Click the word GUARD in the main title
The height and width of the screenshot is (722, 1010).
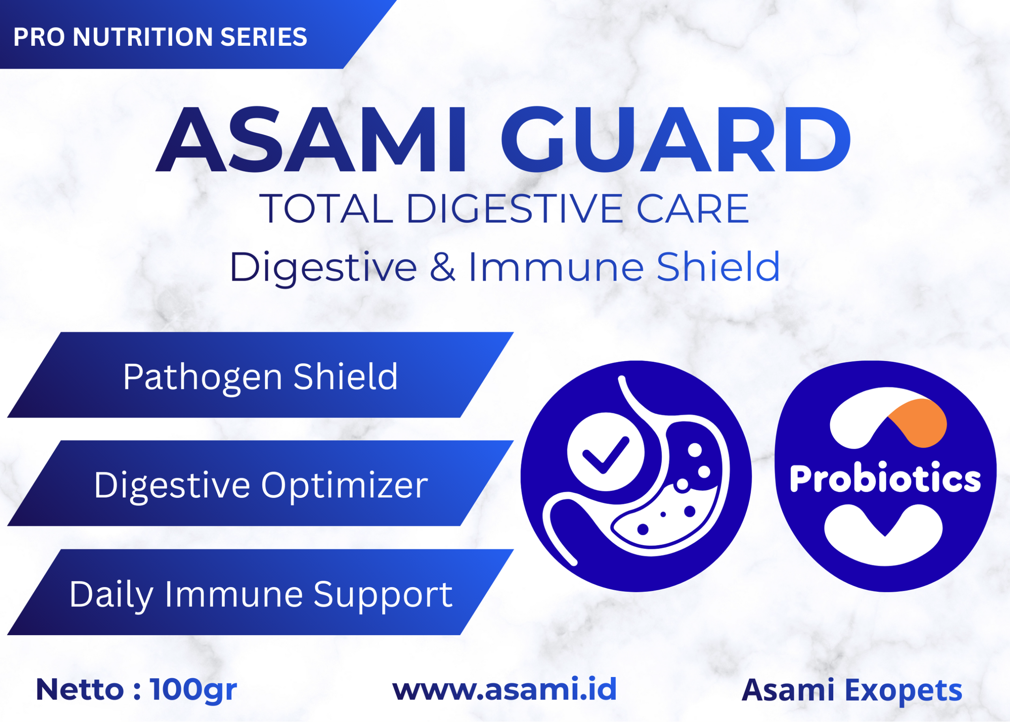coord(676,139)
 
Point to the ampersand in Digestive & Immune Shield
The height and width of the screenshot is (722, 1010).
coord(443,267)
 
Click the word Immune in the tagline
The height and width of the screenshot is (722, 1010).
coord(556,267)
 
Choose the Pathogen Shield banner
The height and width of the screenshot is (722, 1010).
coord(260,375)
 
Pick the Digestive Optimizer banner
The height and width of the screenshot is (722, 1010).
coord(260,483)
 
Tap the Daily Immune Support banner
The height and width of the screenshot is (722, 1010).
coord(260,592)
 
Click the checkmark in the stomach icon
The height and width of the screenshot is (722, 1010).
coord(605,455)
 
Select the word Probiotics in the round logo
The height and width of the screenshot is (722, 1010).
coord(885,479)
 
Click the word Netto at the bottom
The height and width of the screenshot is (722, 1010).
coord(80,690)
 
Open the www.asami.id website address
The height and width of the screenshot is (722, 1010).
coord(505,689)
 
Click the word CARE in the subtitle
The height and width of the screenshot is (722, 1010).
coord(693,208)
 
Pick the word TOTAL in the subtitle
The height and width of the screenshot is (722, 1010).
coord(327,208)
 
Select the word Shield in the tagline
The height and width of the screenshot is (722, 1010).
coord(718,267)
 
